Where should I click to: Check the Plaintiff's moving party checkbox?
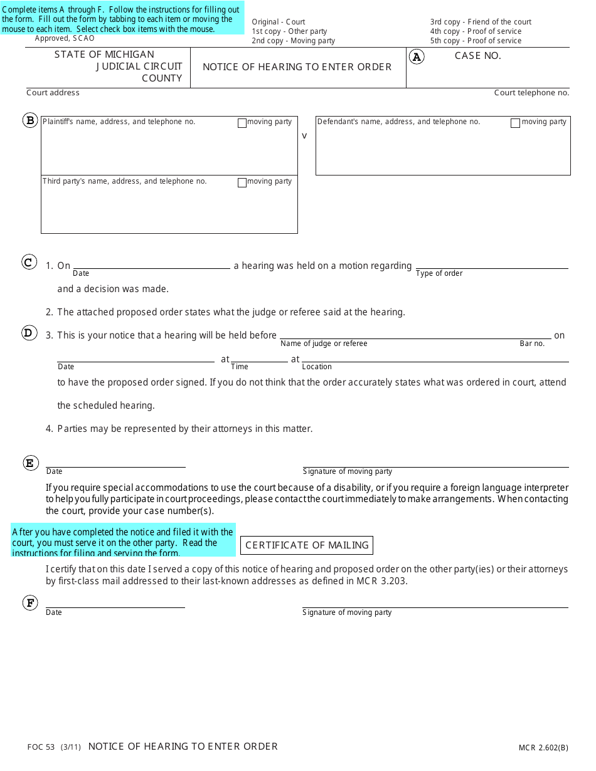pyautogui.click(x=242, y=123)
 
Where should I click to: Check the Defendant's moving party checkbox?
pyautogui.click(x=515, y=123)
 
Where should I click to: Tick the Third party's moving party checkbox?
pyautogui.click(x=242, y=183)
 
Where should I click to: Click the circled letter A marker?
pyautogui.click(x=417, y=57)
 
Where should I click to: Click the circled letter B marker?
pyautogui.click(x=30, y=120)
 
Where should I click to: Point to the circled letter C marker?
pyautogui.click(x=29, y=262)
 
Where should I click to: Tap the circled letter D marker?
pyautogui.click(x=29, y=333)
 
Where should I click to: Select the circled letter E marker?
pyautogui.click(x=30, y=463)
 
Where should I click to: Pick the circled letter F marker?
pyautogui.click(x=30, y=603)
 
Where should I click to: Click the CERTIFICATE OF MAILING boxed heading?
pyautogui.click(x=307, y=545)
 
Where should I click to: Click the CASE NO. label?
pyautogui.click(x=477, y=56)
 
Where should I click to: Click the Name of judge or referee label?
pyautogui.click(x=324, y=344)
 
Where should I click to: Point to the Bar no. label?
pyautogui.click(x=532, y=344)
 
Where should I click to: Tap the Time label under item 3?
pyautogui.click(x=240, y=367)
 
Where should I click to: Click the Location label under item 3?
pyautogui.click(x=317, y=367)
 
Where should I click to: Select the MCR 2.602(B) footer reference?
pyautogui.click(x=543, y=747)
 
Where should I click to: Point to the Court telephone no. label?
pyautogui.click(x=531, y=93)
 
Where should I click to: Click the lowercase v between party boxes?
pyautogui.click(x=305, y=135)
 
